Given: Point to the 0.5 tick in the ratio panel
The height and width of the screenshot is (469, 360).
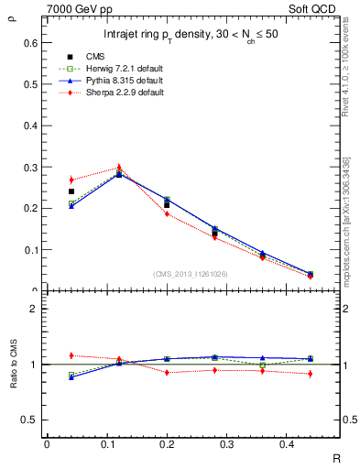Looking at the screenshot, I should pyautogui.click(x=31, y=420).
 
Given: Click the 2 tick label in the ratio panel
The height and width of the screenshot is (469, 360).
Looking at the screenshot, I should pyautogui.click(x=35, y=309).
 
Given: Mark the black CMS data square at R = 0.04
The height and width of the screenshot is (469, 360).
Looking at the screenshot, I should pyautogui.click(x=71, y=191).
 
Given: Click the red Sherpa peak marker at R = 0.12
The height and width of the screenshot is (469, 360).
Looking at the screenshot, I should pyautogui.click(x=119, y=168).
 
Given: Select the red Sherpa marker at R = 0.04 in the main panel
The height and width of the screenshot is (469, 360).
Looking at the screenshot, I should pyautogui.click(x=71, y=180).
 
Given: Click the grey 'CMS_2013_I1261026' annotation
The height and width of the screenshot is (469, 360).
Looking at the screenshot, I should pyautogui.click(x=191, y=274).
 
